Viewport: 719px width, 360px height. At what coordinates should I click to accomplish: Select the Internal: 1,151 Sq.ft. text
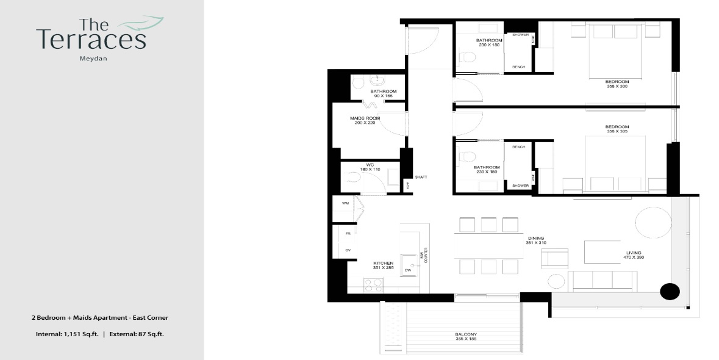[64, 334]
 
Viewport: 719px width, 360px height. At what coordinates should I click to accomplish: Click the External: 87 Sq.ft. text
[137, 334]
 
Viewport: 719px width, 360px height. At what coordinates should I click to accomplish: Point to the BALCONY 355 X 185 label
[465, 336]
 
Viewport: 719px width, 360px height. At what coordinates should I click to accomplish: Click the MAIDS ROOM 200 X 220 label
[365, 120]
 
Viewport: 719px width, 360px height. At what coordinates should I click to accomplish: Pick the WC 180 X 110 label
[369, 167]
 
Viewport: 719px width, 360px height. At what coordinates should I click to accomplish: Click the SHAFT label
[421, 177]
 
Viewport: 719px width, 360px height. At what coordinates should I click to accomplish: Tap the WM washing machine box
[345, 203]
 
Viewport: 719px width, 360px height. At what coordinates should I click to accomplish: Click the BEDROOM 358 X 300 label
[617, 84]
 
